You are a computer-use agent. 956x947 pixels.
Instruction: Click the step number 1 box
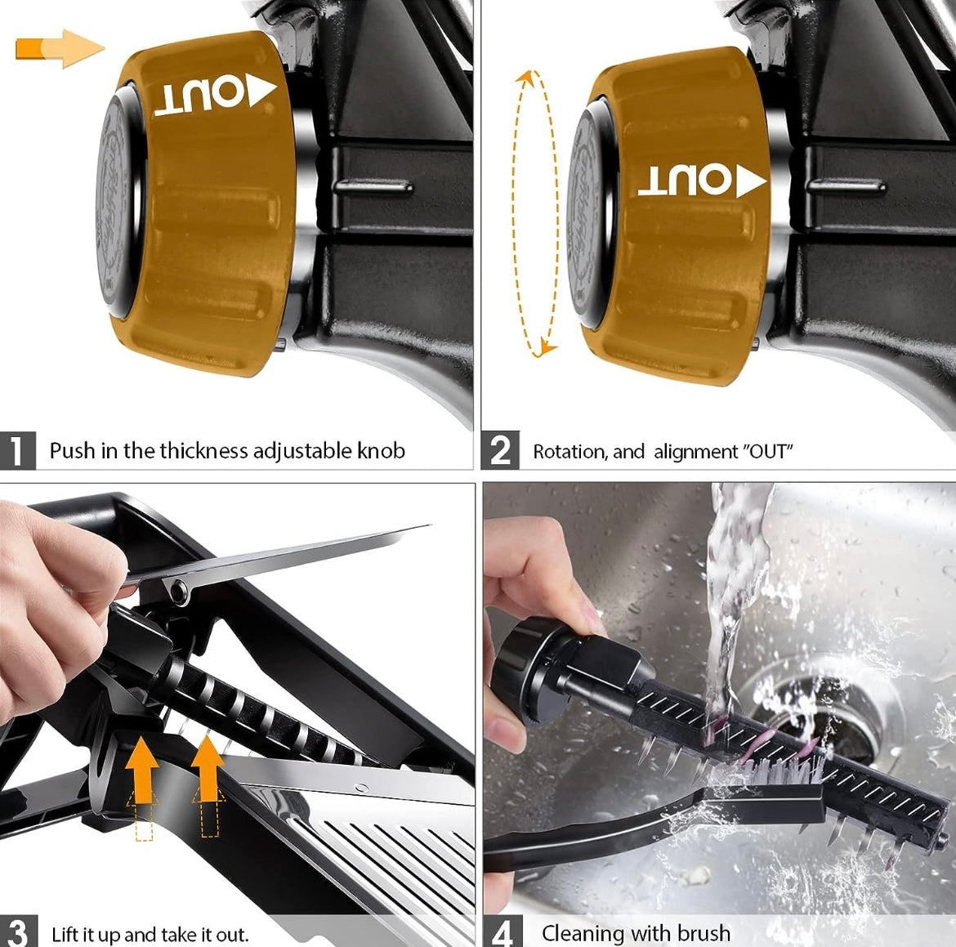point(18,451)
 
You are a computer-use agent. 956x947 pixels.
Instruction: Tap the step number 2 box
point(500,451)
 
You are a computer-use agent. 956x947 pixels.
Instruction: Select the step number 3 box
point(18,931)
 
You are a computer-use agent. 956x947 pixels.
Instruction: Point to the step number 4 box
point(503,931)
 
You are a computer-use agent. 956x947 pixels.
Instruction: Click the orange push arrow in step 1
point(60,48)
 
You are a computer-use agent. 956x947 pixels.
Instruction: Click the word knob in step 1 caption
point(381,451)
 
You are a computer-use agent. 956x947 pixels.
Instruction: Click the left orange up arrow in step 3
point(142,768)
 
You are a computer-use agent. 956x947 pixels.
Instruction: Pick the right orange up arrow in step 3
point(208,767)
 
